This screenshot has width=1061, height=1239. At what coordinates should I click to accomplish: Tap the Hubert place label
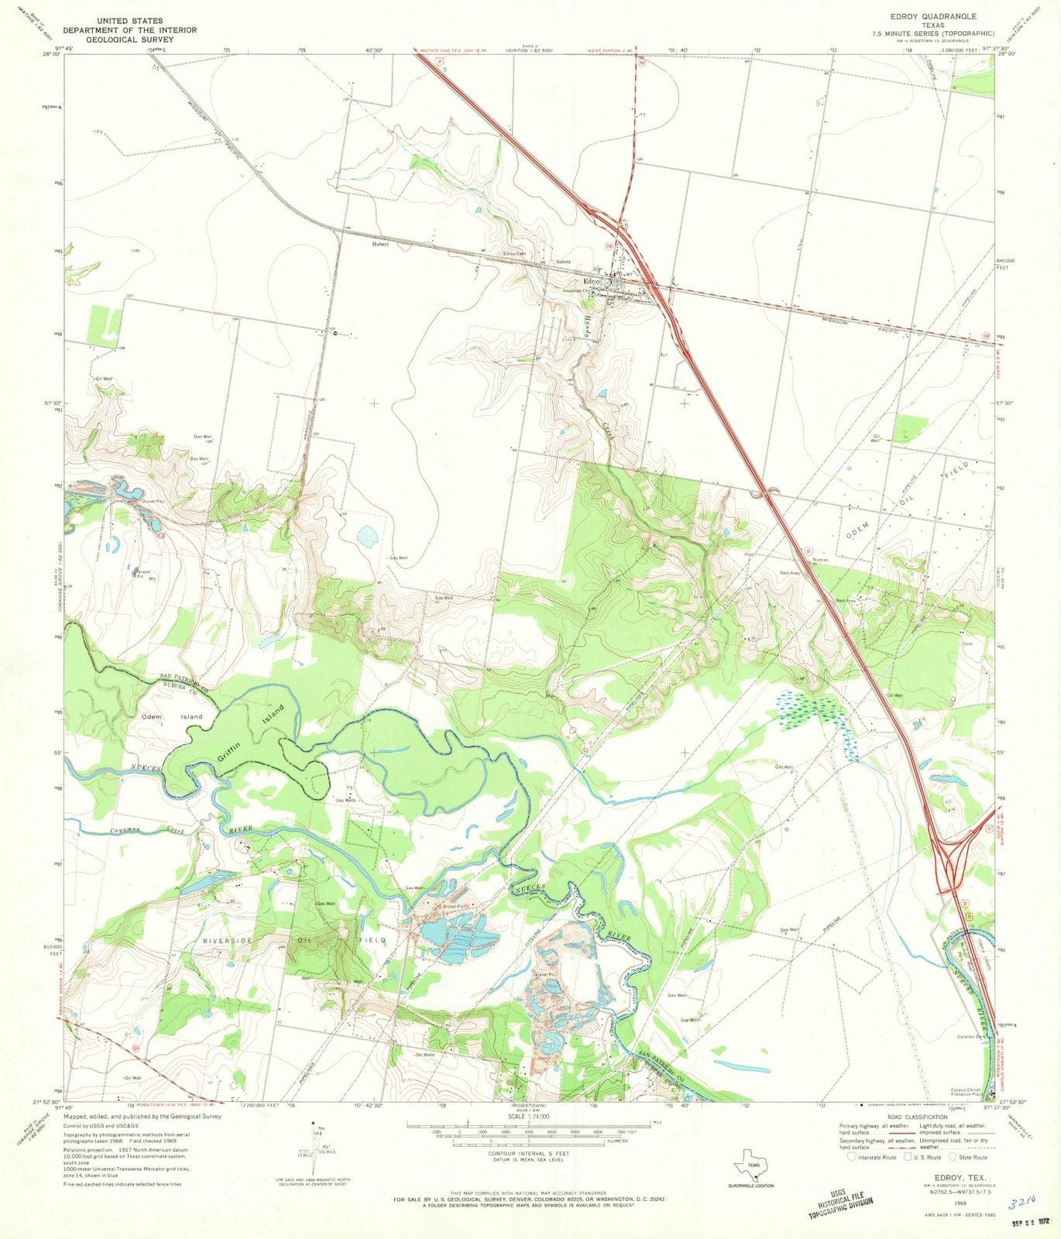tap(379, 244)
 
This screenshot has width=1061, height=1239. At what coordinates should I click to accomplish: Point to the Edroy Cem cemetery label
tap(515, 254)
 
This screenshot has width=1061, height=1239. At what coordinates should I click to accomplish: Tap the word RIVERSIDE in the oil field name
tap(228, 940)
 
